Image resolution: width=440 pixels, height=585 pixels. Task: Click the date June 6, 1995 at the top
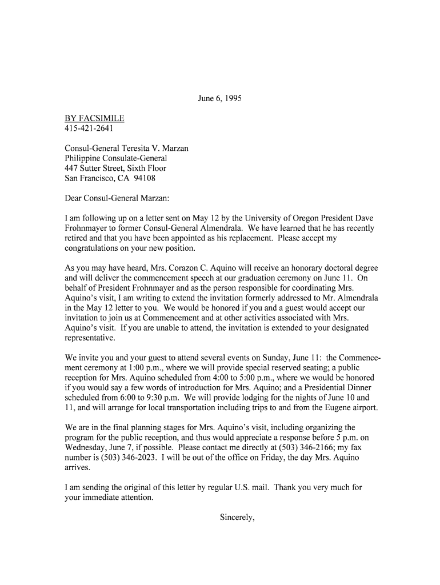click(x=219, y=98)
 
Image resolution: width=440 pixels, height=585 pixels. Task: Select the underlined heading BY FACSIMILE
click(x=94, y=118)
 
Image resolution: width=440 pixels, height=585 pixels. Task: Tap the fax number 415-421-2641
click(x=89, y=129)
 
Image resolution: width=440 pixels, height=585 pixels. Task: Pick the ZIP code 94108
click(x=145, y=178)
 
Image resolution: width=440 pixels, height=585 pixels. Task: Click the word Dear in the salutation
click(x=75, y=198)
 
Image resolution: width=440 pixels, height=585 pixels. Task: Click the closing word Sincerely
click(x=237, y=518)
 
